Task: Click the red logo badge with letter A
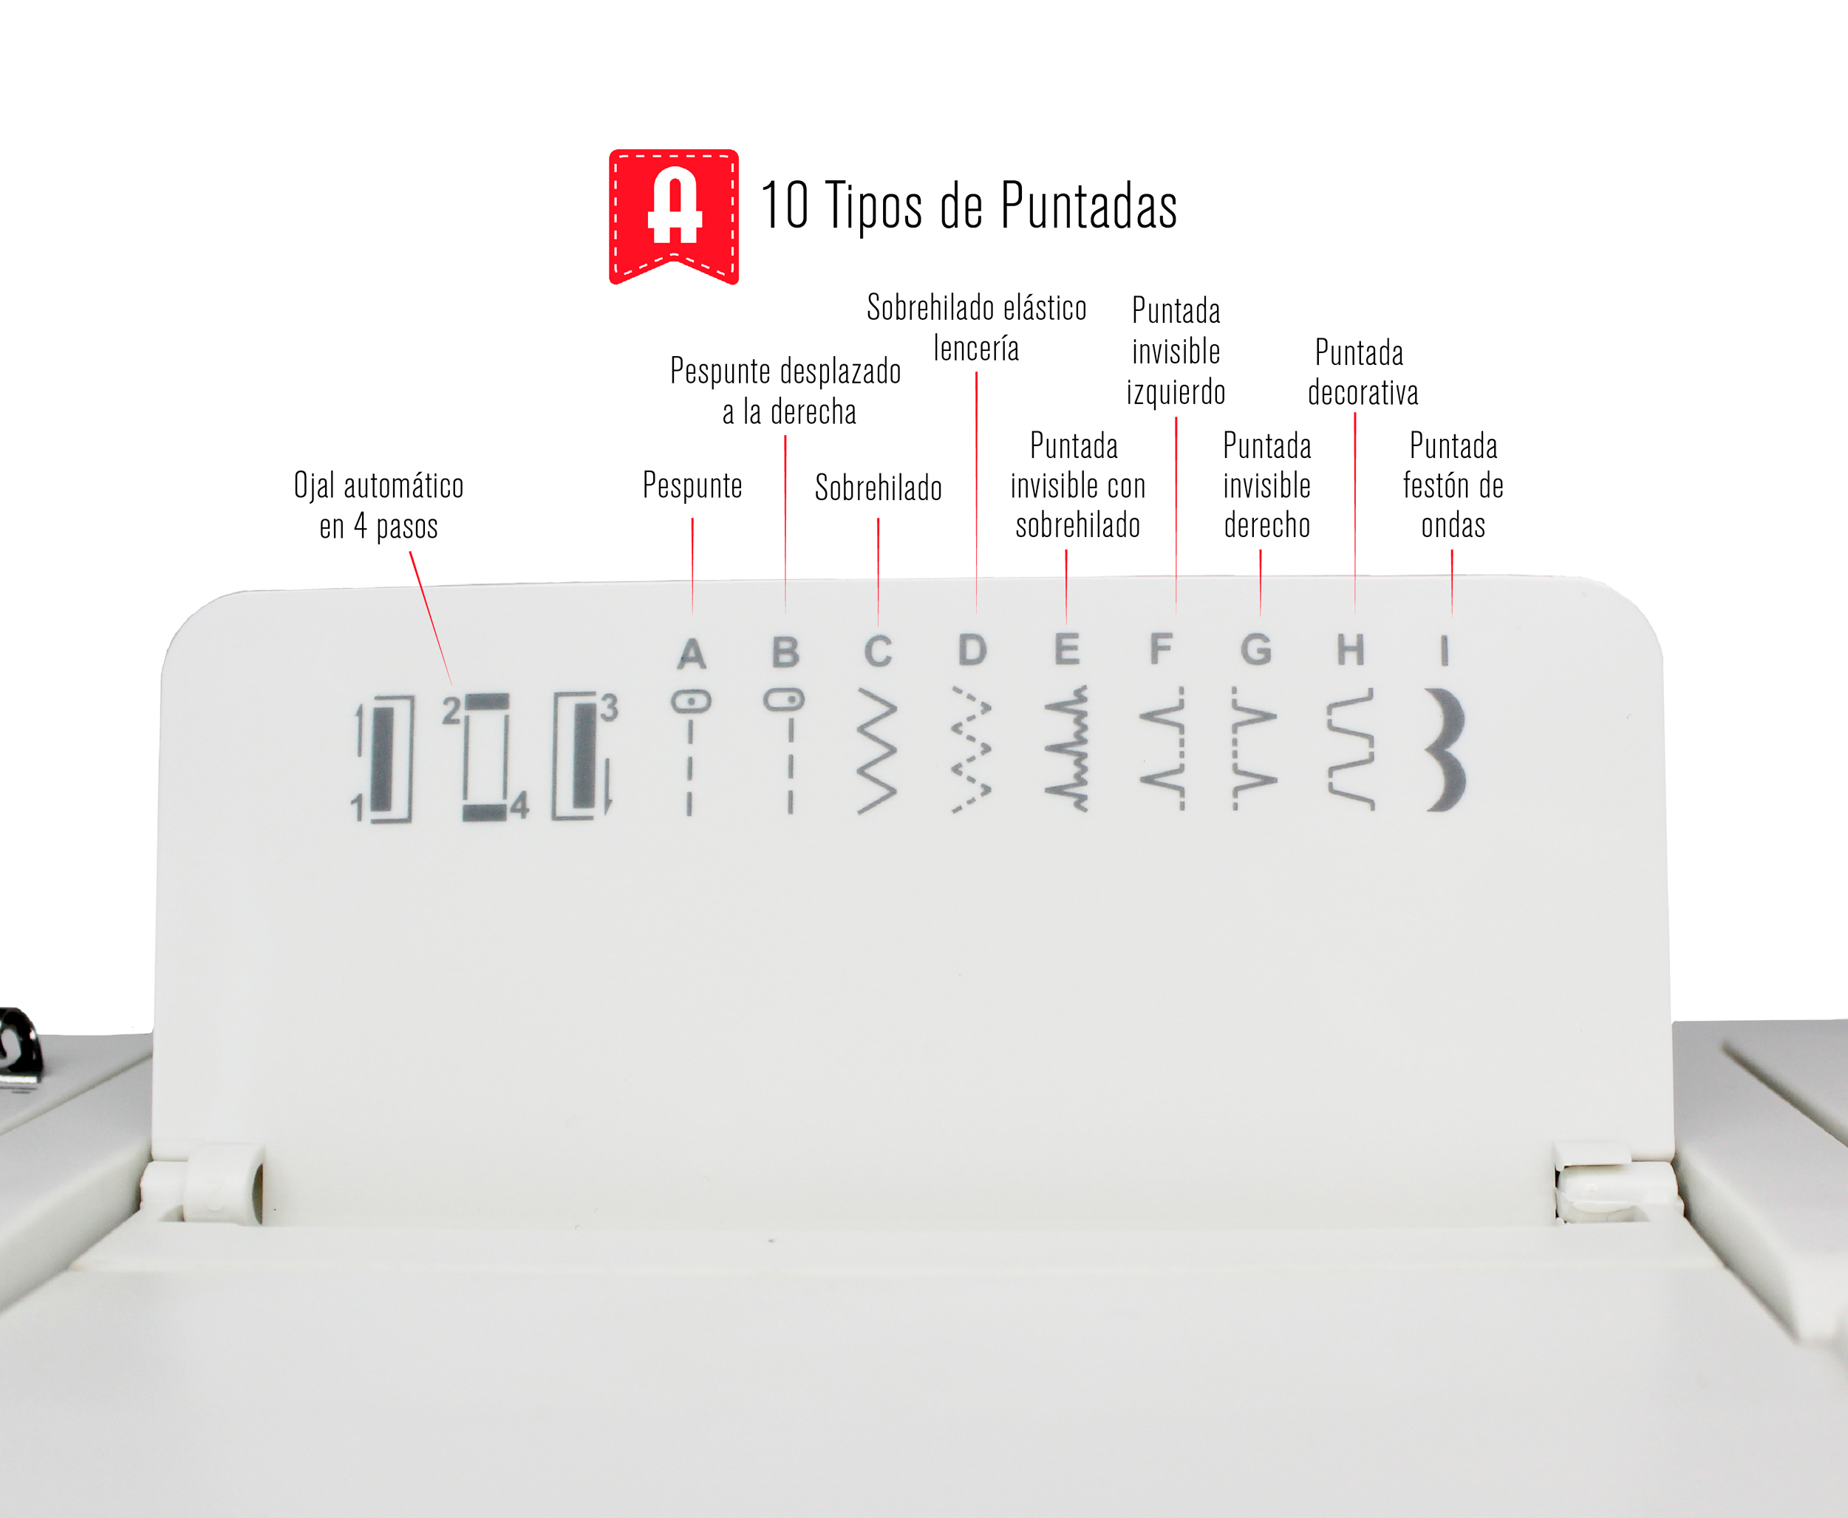[673, 216]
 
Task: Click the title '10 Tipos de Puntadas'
[969, 206]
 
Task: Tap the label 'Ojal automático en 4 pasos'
[379, 505]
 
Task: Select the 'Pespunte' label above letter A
[692, 485]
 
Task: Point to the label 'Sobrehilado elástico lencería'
[977, 327]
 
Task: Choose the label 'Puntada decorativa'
[1362, 372]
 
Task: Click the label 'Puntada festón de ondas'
[1453, 485]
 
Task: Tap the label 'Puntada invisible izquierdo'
[1176, 351]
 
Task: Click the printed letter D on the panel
[972, 650]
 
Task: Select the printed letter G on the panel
[1256, 650]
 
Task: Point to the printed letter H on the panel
[1351, 650]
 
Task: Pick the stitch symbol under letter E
[1067, 748]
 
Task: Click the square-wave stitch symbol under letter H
[1351, 749]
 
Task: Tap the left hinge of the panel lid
[223, 1182]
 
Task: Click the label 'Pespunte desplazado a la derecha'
[785, 391]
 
